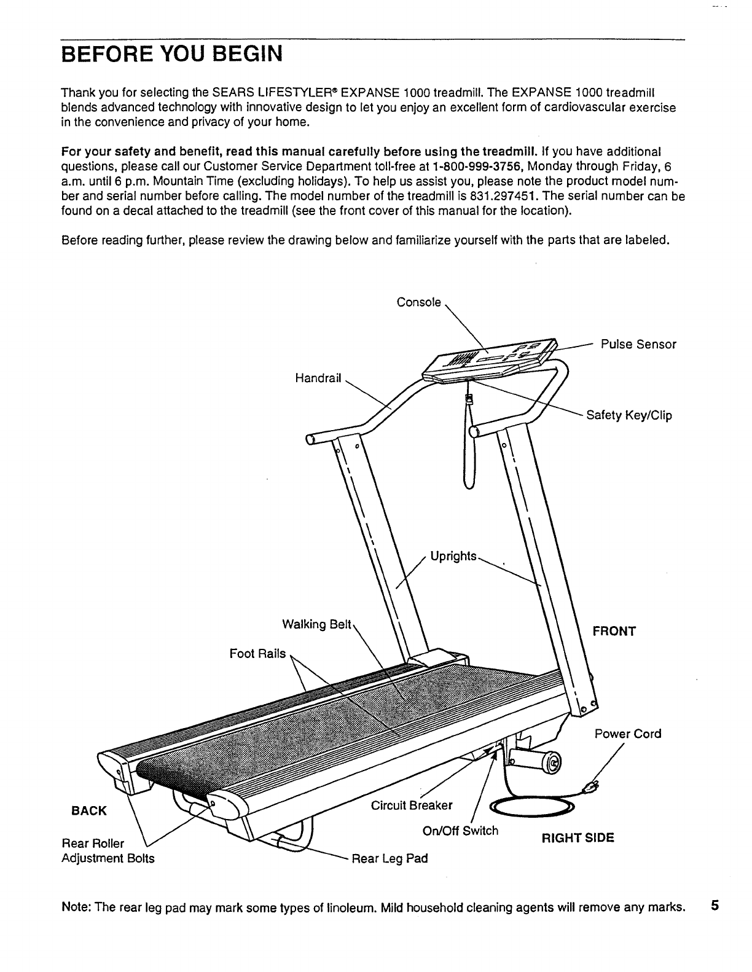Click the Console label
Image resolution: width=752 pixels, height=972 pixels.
coord(418,302)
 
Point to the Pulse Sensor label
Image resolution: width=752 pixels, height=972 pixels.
coord(638,345)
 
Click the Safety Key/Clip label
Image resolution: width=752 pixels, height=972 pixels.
coord(629,415)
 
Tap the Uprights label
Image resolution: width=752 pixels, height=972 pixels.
coord(453,556)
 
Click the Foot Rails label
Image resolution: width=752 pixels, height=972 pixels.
coord(257,654)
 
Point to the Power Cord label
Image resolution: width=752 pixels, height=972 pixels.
coord(628,734)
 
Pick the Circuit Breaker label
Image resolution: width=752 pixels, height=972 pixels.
coord(412,805)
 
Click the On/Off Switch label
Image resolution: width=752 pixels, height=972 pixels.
coord(461,831)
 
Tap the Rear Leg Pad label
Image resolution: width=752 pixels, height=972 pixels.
coord(389,858)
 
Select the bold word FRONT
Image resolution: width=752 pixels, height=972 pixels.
coord(614,632)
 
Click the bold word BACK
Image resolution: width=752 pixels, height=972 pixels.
coord(90,810)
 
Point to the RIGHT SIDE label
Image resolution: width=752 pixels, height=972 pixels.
coord(578,837)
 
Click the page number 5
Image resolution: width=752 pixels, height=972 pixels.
coord(715,906)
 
